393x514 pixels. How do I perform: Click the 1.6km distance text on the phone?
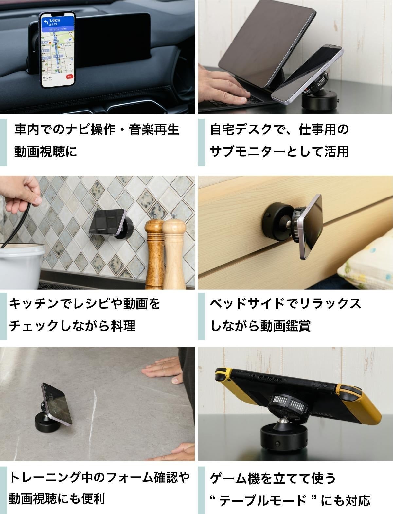tap(54, 20)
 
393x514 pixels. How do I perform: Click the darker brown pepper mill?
tap(154, 252)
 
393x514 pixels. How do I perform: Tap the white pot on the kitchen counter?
tap(21, 266)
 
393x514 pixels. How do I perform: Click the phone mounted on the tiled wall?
tap(107, 222)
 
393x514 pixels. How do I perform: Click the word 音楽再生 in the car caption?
tap(154, 129)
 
